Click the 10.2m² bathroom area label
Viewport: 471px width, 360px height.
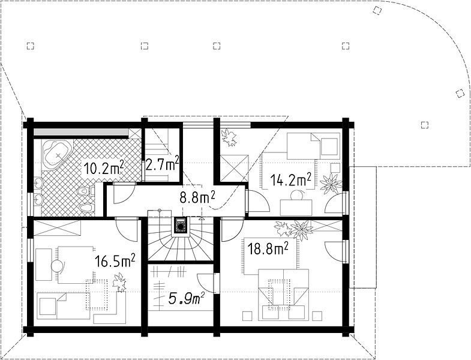tap(104, 167)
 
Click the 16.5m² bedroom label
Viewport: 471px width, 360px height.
tap(115, 260)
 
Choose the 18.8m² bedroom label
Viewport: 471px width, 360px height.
tap(268, 248)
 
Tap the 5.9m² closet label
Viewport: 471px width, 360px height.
tap(187, 298)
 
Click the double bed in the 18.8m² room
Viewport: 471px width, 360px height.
tap(284, 295)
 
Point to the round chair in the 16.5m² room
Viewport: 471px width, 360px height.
tap(58, 266)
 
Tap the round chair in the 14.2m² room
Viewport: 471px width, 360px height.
tap(298, 196)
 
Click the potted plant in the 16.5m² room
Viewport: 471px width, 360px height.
tap(119, 282)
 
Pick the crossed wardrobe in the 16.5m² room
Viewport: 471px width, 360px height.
tap(57, 228)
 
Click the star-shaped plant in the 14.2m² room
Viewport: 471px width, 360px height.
tap(331, 184)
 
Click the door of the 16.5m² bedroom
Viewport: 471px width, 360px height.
tap(128, 229)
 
